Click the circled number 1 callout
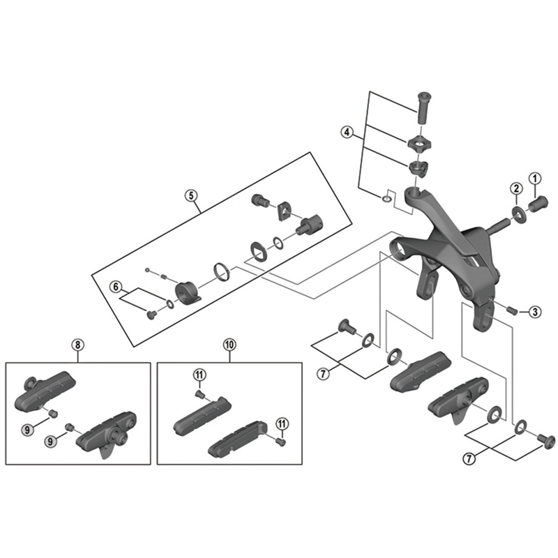point(535,179)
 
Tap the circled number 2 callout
point(515,188)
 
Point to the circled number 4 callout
point(348,131)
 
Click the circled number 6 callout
point(116,286)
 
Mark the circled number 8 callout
point(77,345)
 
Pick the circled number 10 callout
point(229,345)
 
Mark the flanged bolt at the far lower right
point(545,440)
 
